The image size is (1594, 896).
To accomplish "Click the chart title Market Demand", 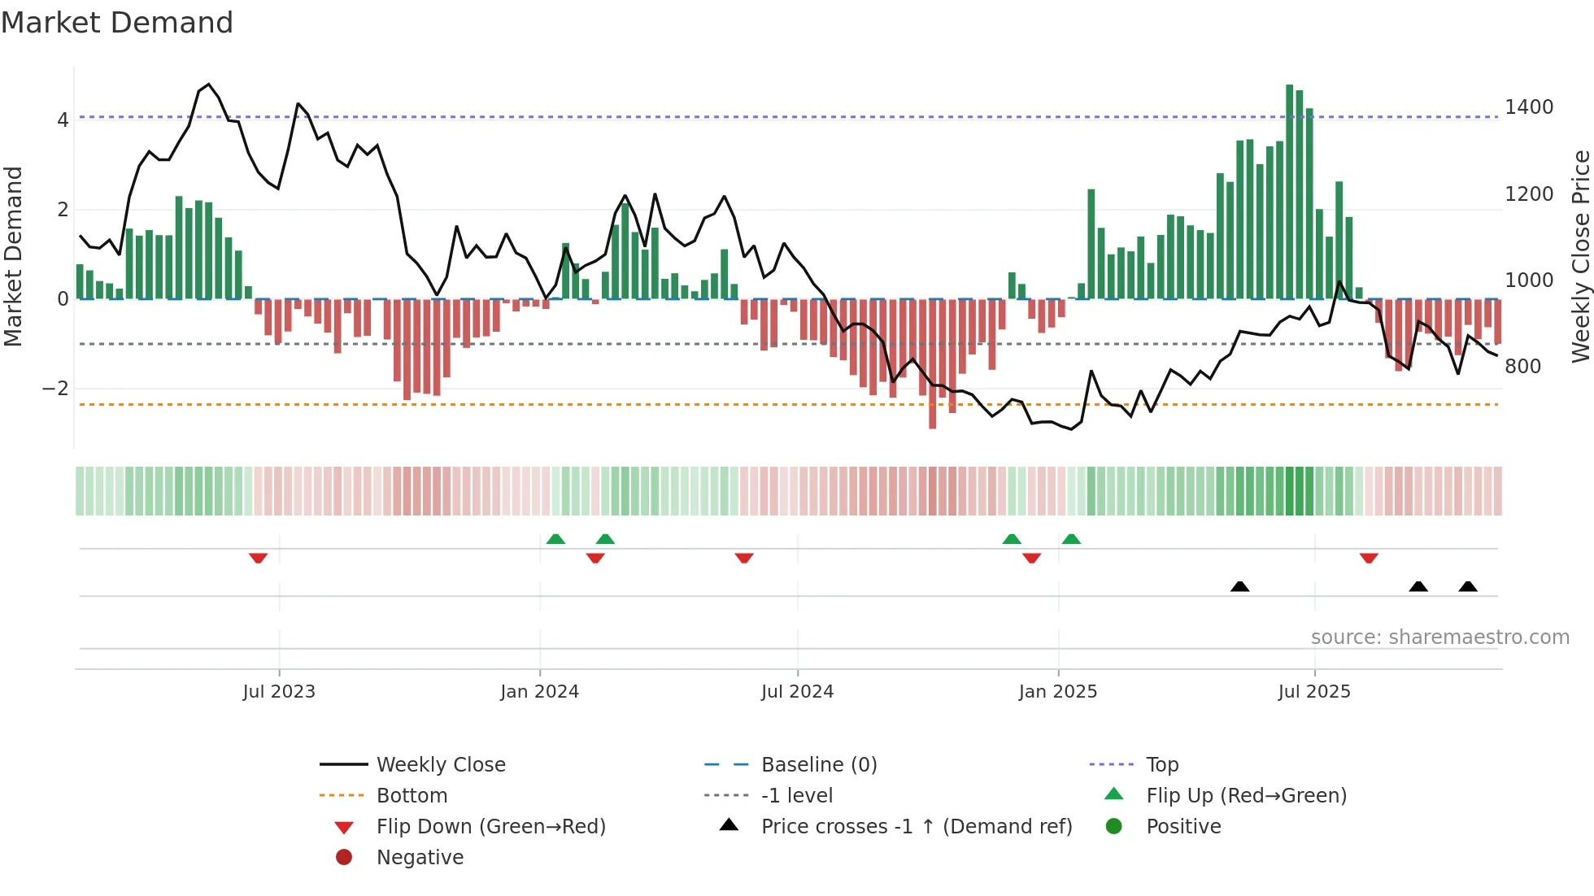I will coord(117,23).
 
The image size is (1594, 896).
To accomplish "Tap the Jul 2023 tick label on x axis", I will coord(279,692).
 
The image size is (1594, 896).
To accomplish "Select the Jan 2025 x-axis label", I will coord(1057,692).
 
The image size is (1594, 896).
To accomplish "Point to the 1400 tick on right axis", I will coord(1528,107).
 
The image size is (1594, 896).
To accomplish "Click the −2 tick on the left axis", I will coord(56,389).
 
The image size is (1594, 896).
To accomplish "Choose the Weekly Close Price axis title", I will coord(1580,256).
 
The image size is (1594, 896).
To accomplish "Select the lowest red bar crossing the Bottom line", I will coord(932,366).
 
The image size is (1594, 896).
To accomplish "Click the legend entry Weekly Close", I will coord(440,765).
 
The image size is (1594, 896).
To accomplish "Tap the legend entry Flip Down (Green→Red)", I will coord(490,827).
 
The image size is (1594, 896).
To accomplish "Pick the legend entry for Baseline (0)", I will coord(818,765).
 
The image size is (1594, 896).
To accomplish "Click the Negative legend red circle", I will coord(344,858).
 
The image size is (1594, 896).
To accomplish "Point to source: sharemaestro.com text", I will coord(1439,637).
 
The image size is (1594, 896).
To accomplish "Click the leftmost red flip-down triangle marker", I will coord(258,559).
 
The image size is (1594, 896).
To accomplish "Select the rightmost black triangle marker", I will coord(1468,587).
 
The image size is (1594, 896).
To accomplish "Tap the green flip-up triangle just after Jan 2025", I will coord(1071,539).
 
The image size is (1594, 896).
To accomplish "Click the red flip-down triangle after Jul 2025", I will coord(1369,559).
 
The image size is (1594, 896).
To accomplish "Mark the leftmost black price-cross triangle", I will coord(1239,587).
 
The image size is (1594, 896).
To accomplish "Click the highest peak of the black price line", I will coord(209,84).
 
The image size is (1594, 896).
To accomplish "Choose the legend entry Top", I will coord(1161,765).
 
